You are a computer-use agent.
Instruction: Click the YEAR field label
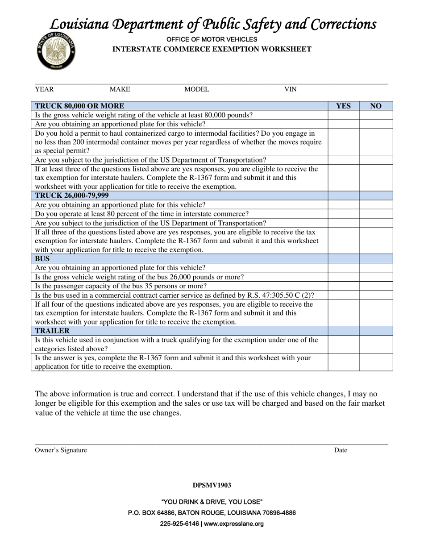[x=44, y=89]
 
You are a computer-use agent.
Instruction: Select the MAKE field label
[x=120, y=89]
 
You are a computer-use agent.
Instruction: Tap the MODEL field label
[x=196, y=89]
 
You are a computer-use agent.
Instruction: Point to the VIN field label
[x=290, y=89]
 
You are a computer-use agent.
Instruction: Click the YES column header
[x=343, y=106]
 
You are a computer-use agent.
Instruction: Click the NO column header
[x=376, y=106]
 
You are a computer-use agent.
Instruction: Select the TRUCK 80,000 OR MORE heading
[x=79, y=106]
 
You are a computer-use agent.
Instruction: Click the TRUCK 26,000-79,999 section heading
[x=72, y=195]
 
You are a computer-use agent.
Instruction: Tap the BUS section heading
[x=42, y=258]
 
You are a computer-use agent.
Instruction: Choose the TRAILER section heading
[x=52, y=331]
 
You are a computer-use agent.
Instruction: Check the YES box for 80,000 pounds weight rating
[x=343, y=115]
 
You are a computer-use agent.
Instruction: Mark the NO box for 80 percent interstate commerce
[x=376, y=214]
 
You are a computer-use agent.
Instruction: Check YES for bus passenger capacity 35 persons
[x=343, y=286]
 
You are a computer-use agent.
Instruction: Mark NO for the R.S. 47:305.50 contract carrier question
[x=376, y=295]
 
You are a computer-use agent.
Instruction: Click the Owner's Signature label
[x=61, y=450]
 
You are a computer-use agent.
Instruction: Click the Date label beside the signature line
[x=341, y=450]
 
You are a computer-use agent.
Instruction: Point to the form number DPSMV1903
[x=212, y=485]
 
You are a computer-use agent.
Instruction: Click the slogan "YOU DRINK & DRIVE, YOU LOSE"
[x=212, y=502]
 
